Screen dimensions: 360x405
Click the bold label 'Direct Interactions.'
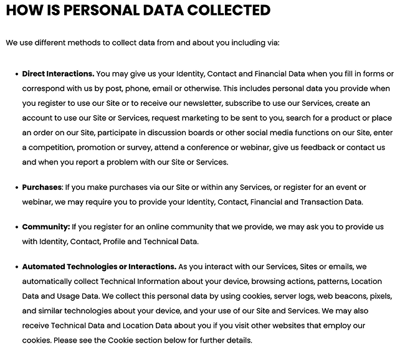click(58, 73)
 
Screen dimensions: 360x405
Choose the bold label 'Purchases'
click(42, 187)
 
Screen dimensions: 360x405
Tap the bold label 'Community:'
click(45, 227)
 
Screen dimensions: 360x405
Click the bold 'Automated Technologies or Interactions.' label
click(99, 267)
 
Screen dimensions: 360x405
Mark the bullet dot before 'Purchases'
click(16, 187)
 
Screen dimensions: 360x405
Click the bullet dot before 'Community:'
click(16, 227)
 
